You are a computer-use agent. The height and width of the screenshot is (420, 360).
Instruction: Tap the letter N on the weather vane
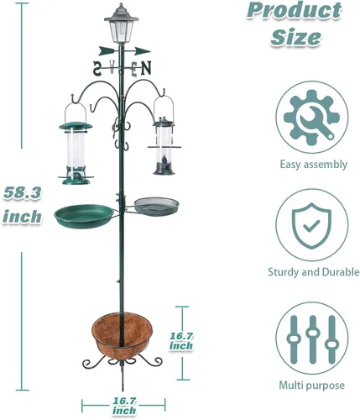[146, 68]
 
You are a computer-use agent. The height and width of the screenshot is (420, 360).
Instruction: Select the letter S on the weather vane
[97, 68]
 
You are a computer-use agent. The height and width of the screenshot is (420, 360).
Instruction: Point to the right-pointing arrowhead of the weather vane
[143, 51]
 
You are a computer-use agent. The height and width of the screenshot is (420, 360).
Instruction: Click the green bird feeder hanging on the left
[76, 153]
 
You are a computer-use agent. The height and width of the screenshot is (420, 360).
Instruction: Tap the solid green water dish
[84, 216]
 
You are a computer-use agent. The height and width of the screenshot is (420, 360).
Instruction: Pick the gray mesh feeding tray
[156, 206]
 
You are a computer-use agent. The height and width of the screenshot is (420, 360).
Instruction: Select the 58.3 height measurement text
[23, 193]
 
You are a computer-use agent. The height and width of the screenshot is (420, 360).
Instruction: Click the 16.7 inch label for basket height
[181, 341]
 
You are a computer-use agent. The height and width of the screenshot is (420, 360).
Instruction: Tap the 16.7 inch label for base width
[124, 406]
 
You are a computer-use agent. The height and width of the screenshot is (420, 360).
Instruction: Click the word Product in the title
[295, 11]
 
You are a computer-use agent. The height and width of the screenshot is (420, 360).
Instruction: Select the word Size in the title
[295, 37]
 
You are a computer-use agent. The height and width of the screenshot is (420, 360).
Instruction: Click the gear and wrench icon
[312, 118]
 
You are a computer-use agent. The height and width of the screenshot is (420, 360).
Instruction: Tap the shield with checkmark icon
[311, 226]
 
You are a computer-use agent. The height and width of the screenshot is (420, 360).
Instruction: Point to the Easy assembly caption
[313, 164]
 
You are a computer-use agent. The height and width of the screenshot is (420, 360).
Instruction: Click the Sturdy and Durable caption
[314, 272]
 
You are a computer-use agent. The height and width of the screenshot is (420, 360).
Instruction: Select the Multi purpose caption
[312, 386]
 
